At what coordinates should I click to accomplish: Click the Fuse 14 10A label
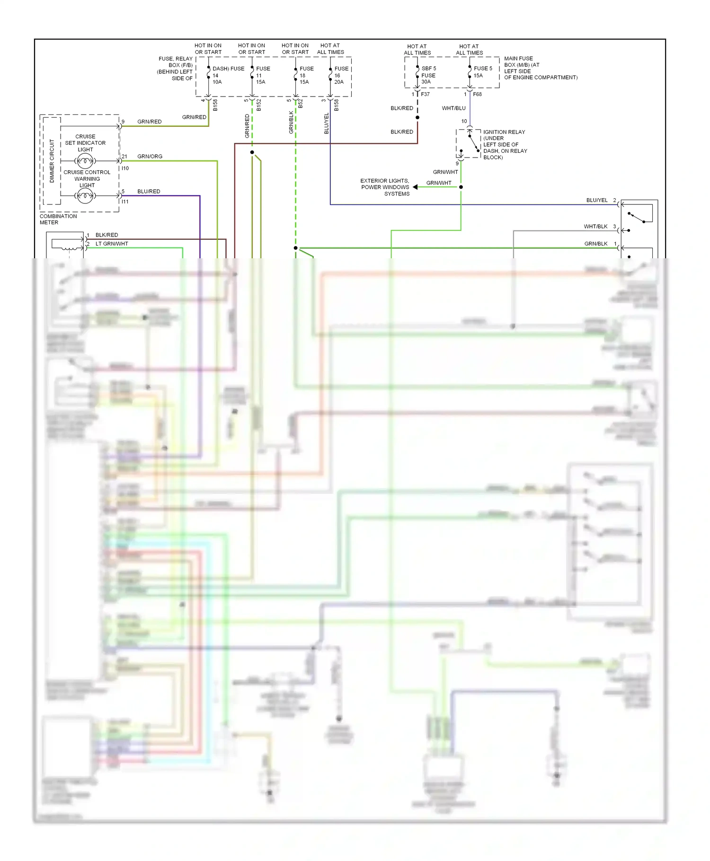pyautogui.click(x=217, y=76)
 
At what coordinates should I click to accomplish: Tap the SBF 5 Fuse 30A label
pyautogui.click(x=428, y=75)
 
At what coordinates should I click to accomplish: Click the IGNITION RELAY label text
pyautogui.click(x=504, y=132)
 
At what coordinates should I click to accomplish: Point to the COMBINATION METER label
pyautogui.click(x=58, y=219)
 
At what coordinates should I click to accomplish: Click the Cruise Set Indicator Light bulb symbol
pyautogui.click(x=85, y=161)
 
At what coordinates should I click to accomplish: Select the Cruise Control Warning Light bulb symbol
pyautogui.click(x=85, y=195)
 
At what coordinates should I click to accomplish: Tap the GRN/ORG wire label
pyautogui.click(x=150, y=156)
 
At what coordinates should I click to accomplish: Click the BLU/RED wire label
pyautogui.click(x=149, y=191)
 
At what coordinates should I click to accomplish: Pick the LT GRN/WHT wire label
pyautogui.click(x=112, y=244)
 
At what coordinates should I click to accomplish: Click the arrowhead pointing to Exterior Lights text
pyautogui.click(x=415, y=187)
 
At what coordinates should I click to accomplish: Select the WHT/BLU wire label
pyautogui.click(x=453, y=108)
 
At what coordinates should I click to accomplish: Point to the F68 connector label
pyautogui.click(x=477, y=94)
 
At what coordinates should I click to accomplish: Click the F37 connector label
pyautogui.click(x=425, y=94)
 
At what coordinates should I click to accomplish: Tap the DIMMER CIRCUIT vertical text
pyautogui.click(x=52, y=161)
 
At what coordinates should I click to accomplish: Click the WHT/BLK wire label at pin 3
pyautogui.click(x=595, y=227)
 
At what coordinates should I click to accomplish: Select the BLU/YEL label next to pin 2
pyautogui.click(x=596, y=200)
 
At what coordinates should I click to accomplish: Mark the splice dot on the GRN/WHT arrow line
pyautogui.click(x=461, y=187)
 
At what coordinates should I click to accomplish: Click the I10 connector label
pyautogui.click(x=125, y=168)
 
